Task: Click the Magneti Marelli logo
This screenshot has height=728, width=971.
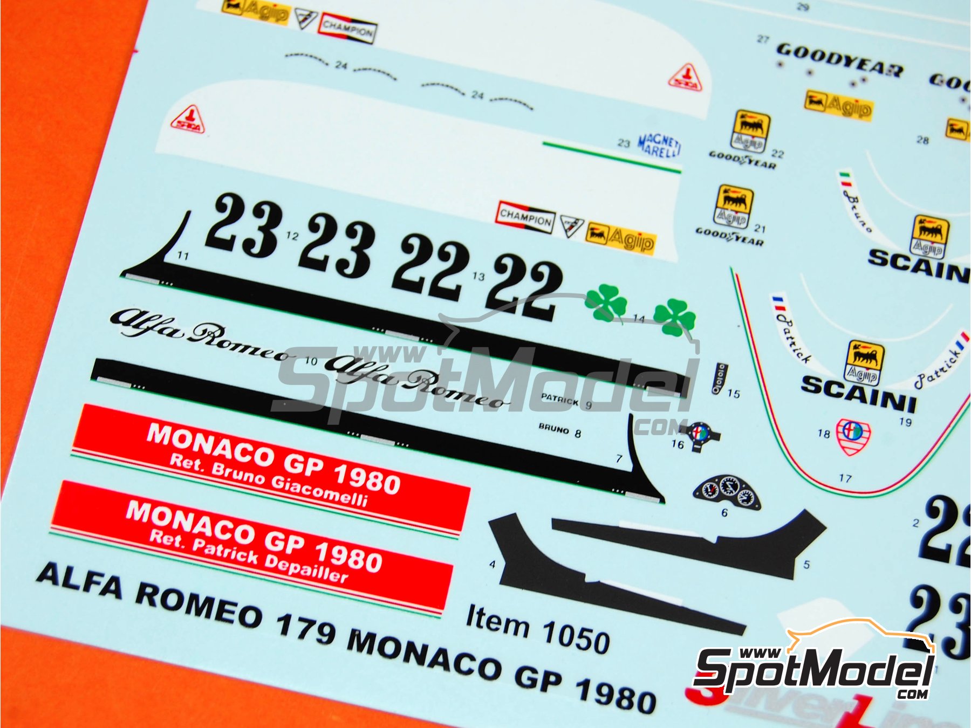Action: point(659,146)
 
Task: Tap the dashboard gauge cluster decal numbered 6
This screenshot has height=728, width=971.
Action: point(727,492)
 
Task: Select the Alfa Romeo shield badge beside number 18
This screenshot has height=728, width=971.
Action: point(853,436)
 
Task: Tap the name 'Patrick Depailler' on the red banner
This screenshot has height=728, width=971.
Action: point(248,555)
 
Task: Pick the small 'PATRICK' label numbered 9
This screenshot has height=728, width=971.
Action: point(560,400)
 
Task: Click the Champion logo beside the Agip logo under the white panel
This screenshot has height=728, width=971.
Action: point(525,217)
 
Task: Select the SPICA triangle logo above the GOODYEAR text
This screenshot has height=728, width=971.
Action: point(686,77)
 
